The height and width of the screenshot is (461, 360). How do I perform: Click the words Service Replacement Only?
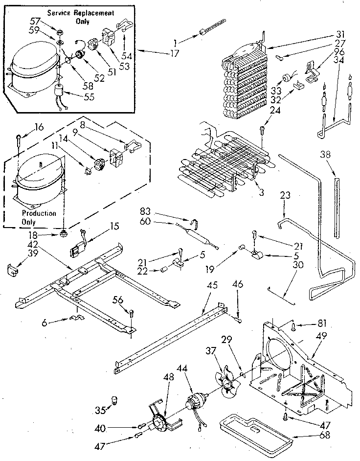81,17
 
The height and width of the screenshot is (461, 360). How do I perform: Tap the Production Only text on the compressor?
39,217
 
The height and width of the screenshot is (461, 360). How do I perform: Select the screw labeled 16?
18,135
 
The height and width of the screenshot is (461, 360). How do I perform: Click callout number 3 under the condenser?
261,192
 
